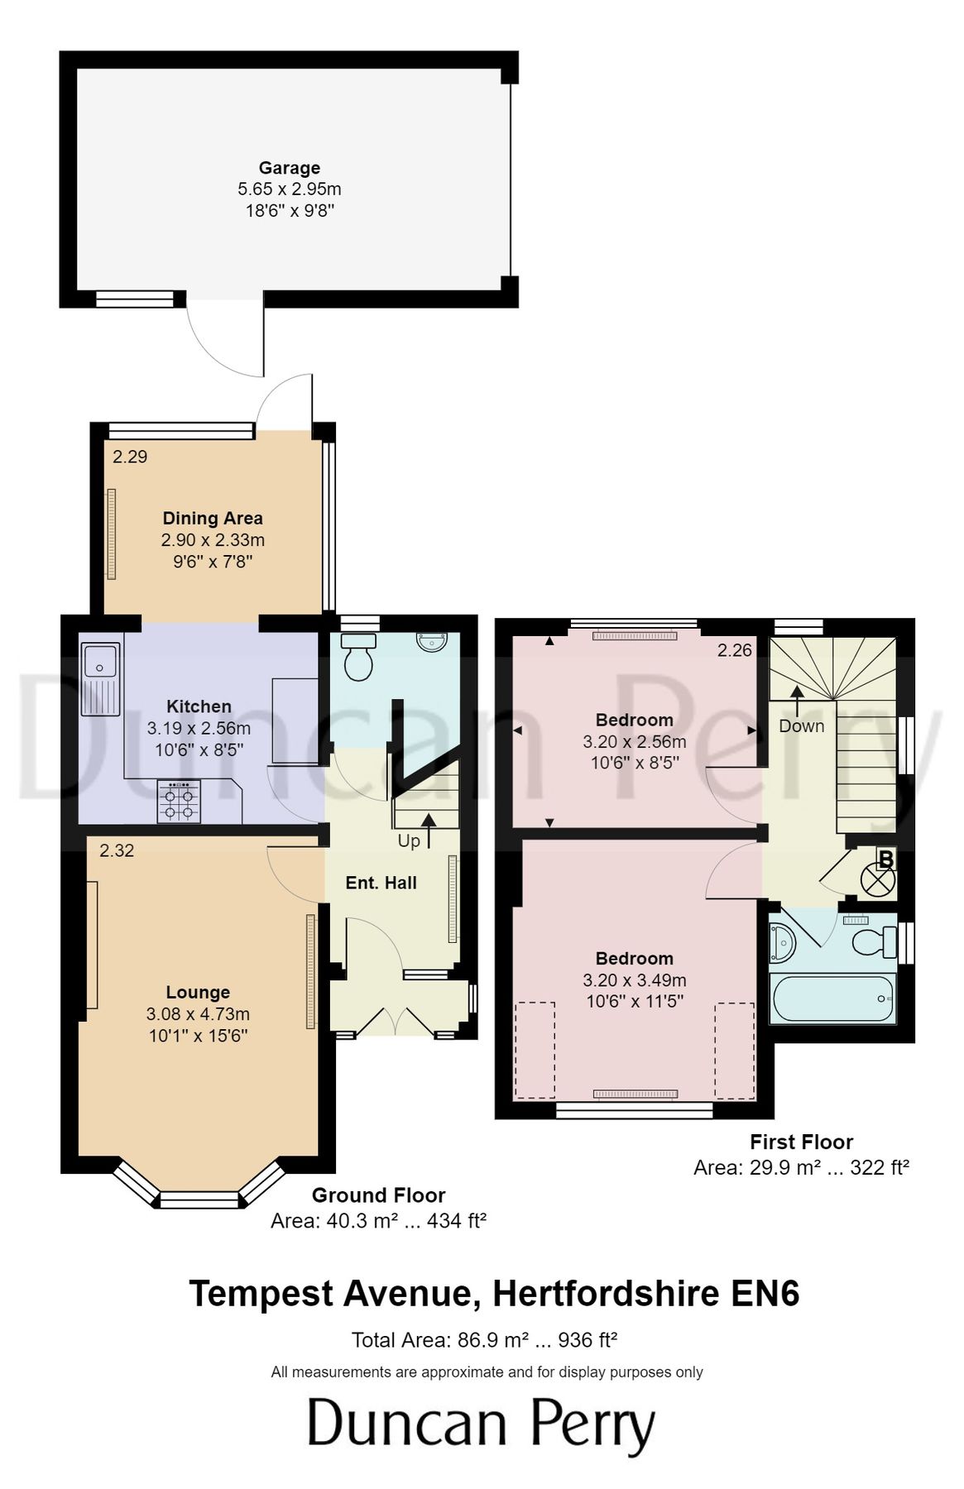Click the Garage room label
click(x=289, y=168)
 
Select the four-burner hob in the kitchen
click(x=180, y=802)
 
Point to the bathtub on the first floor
click(x=832, y=998)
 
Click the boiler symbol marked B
click(x=880, y=874)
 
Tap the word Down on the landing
click(x=801, y=726)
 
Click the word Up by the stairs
click(x=409, y=841)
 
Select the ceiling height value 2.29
click(x=130, y=457)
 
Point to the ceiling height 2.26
click(x=734, y=650)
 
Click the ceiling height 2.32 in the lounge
click(x=117, y=850)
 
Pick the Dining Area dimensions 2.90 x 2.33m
click(x=213, y=540)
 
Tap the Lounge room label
click(x=198, y=992)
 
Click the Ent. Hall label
click(x=381, y=883)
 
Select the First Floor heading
click(x=800, y=1142)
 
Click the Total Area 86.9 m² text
click(x=484, y=1340)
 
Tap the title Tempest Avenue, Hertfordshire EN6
click(x=494, y=1293)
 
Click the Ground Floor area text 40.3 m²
click(x=377, y=1221)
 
